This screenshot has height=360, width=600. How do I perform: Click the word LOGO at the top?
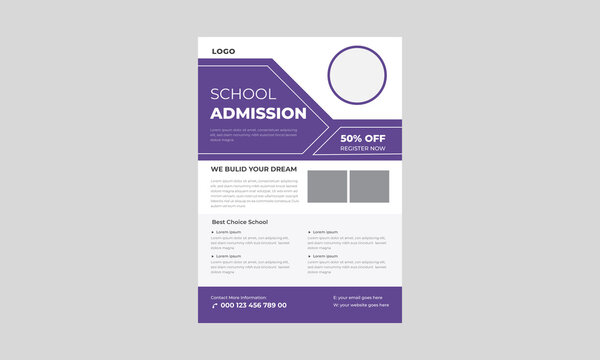click(x=224, y=50)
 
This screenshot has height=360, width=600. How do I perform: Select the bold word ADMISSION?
click(x=258, y=113)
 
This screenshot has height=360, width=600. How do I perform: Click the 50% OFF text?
click(x=363, y=138)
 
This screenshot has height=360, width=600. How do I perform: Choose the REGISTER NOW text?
click(x=362, y=148)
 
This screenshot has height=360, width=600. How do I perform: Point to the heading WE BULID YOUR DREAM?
click(x=253, y=169)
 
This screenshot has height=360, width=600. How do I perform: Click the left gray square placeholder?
click(x=327, y=187)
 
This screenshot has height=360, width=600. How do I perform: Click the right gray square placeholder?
click(x=369, y=187)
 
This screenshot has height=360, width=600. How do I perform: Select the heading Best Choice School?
click(x=240, y=221)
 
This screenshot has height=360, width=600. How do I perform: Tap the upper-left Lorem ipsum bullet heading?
click(x=229, y=232)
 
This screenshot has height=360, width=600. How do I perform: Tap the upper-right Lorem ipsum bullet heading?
click(x=325, y=232)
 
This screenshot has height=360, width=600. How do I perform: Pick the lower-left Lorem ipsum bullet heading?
click(x=229, y=256)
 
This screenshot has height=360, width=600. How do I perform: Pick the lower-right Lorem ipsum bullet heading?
click(x=325, y=256)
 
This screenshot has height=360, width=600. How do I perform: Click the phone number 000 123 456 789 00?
click(x=253, y=305)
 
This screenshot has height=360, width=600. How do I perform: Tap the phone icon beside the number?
click(x=214, y=305)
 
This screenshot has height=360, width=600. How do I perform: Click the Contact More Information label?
click(x=238, y=297)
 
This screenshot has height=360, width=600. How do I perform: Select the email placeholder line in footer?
click(x=357, y=298)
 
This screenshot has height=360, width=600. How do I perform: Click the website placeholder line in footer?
click(x=360, y=306)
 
